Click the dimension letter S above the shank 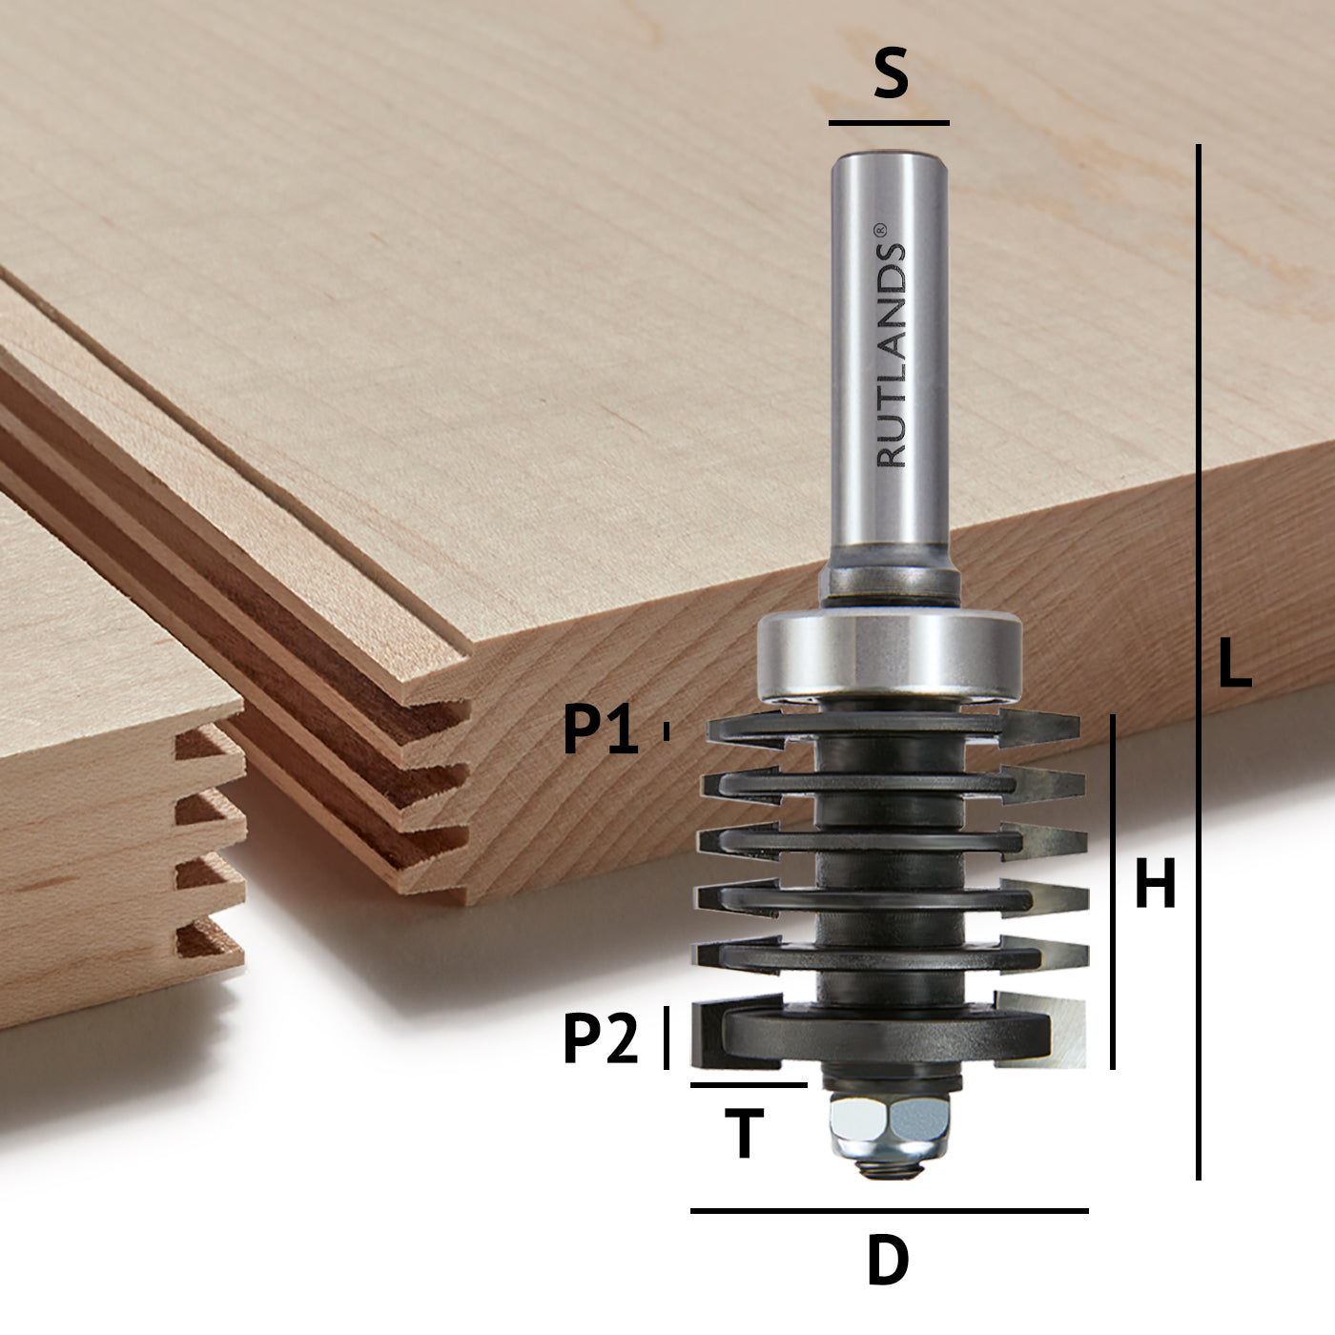coord(891,77)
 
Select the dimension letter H coord(1155,885)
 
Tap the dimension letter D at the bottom coord(888,1262)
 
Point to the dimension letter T coord(745,1134)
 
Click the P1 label coord(601,731)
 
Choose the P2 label coord(601,1039)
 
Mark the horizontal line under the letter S coord(889,123)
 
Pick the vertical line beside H coord(1113,892)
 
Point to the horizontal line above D coord(889,1211)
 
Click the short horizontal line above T coord(749,1085)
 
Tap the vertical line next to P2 coord(667,1037)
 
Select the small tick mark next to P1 coord(667,731)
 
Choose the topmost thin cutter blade coord(892,727)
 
